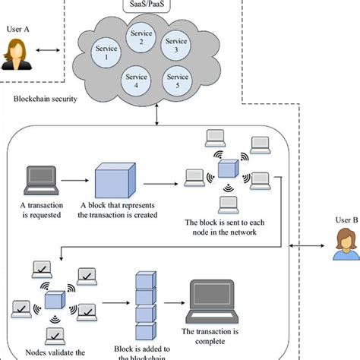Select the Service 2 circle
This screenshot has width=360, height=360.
[x=141, y=37]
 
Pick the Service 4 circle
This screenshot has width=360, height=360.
[x=136, y=80]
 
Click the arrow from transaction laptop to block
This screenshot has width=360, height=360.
[x=74, y=182]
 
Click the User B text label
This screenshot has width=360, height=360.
[x=344, y=221]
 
